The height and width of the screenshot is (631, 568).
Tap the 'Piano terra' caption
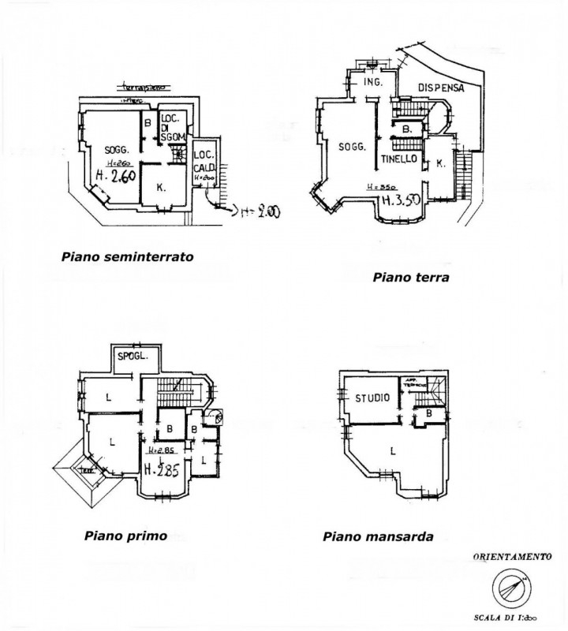pyautogui.click(x=411, y=277)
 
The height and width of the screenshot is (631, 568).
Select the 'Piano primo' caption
pyautogui.click(x=125, y=536)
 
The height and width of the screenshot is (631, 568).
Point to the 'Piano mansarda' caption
pyautogui.click(x=378, y=536)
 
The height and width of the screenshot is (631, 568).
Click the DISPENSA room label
pyautogui.click(x=441, y=88)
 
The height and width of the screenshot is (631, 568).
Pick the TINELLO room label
pyautogui.click(x=399, y=159)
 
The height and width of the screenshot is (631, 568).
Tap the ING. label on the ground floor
pyautogui.click(x=372, y=83)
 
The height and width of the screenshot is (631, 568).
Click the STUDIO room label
pyautogui.click(x=371, y=398)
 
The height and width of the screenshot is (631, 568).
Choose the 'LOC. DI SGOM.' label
pyautogui.click(x=172, y=128)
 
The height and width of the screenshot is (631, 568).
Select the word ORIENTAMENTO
pyautogui.click(x=512, y=557)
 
